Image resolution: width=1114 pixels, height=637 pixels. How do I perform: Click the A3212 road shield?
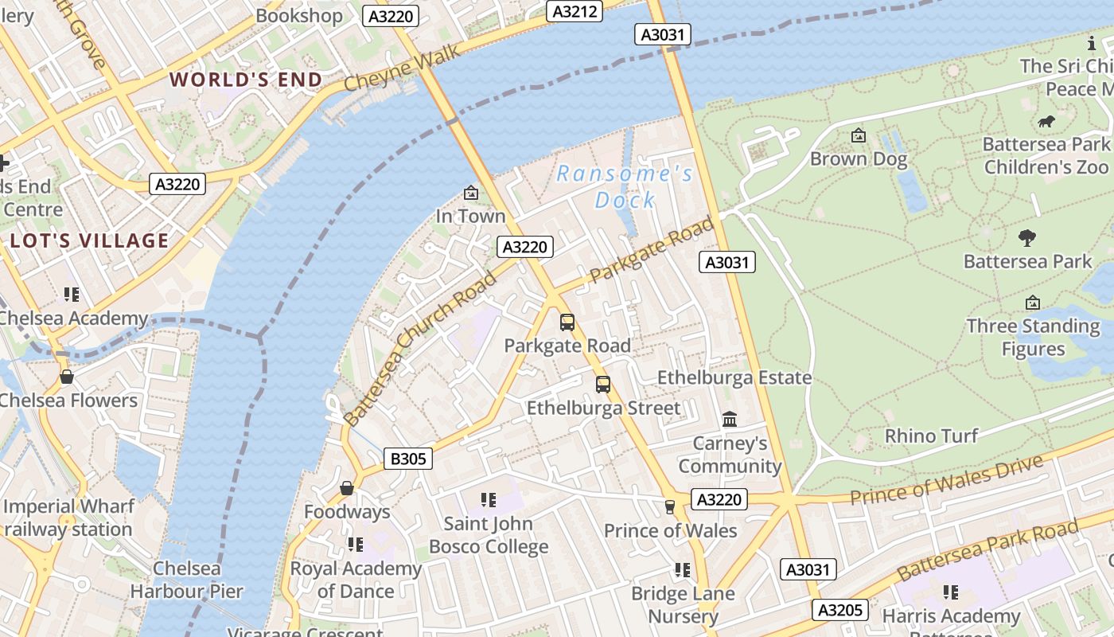click(x=575, y=11)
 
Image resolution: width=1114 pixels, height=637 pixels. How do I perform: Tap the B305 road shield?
click(x=409, y=459)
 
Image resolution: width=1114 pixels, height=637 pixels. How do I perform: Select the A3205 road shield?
click(x=840, y=610)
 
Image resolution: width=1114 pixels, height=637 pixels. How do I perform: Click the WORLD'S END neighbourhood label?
click(x=246, y=80)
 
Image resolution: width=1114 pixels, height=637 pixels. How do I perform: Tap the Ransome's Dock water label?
click(x=625, y=186)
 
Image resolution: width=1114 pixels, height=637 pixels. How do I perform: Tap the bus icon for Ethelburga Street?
click(x=603, y=385)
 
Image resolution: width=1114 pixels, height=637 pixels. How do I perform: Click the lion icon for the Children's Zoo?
click(x=1046, y=122)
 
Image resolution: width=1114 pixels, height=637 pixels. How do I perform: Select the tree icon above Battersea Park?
click(x=1027, y=237)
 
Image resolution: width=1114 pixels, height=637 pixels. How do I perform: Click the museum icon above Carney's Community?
click(x=730, y=419)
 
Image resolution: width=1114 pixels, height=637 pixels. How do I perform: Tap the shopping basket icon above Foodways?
click(x=347, y=487)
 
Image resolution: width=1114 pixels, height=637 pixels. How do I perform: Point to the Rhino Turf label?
click(x=931, y=436)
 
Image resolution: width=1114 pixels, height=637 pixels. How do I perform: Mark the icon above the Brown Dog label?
click(x=858, y=136)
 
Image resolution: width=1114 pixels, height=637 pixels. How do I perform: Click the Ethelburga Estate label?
click(x=734, y=377)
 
